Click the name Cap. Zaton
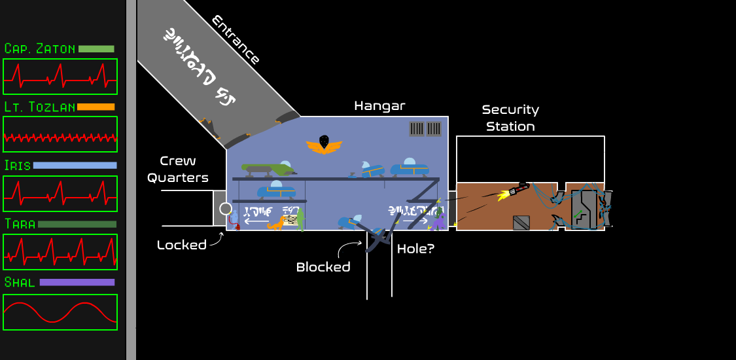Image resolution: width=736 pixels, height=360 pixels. tap(40, 49)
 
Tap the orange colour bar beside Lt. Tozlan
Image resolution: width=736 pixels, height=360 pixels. tap(96, 107)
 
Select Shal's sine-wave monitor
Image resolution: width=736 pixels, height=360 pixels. tap(60, 312)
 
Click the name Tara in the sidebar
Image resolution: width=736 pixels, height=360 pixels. tap(20, 225)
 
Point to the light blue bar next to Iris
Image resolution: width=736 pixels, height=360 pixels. tap(75, 166)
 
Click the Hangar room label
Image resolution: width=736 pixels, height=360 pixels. tap(380, 105)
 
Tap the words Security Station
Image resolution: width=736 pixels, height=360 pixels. tap(510, 118)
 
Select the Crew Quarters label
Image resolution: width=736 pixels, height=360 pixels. tap(178, 169)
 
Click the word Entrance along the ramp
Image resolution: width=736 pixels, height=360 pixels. tap(236, 40)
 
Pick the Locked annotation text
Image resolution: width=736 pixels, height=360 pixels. tap(181, 245)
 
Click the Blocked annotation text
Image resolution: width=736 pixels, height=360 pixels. tap(323, 266)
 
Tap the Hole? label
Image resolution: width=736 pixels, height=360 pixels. tap(416, 249)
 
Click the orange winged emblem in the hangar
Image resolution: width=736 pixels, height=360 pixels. tap(324, 145)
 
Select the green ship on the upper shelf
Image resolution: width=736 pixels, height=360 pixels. tap(268, 170)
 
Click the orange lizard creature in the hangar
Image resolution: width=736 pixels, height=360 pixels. tap(276, 223)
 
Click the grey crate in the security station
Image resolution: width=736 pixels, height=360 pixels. tap(521, 223)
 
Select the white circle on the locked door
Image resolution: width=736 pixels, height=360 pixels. tap(226, 209)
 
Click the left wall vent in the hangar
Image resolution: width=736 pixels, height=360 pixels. tap(417, 129)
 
